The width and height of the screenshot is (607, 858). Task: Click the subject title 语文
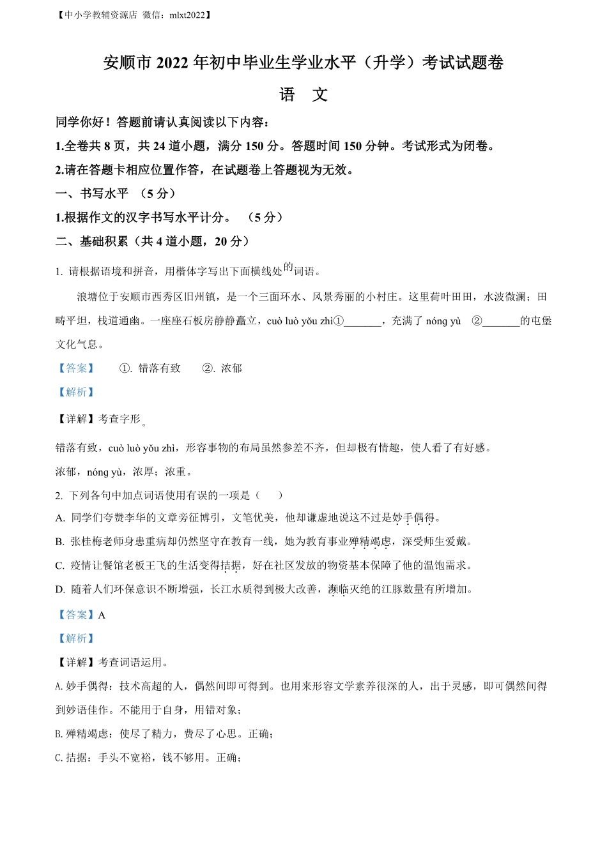click(303, 95)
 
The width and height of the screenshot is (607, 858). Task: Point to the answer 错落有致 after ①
click(160, 368)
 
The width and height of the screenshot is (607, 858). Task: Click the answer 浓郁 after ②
click(231, 368)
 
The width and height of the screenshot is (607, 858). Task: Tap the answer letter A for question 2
click(102, 615)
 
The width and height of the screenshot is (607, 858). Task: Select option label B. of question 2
click(60, 542)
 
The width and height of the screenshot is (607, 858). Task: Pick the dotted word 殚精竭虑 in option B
click(370, 542)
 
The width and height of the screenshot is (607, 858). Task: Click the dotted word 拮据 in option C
click(231, 566)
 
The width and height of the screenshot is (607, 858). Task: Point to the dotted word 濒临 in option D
click(339, 589)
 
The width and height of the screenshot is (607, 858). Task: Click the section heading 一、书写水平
click(93, 193)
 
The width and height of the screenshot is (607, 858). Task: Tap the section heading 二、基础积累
click(93, 241)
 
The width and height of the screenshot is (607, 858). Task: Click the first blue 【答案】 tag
click(76, 368)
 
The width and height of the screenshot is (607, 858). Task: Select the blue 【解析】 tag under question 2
click(76, 638)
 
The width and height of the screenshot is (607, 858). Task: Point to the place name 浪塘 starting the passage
click(88, 297)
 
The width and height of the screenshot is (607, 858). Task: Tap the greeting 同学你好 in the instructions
click(81, 122)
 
